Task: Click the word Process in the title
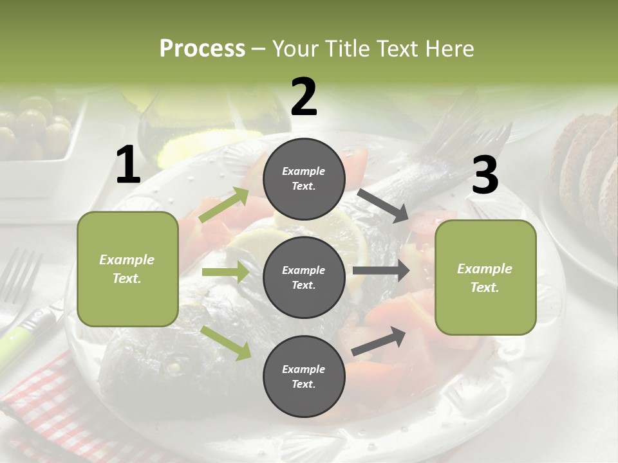202,49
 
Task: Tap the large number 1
128,165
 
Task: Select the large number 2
304,97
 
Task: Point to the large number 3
485,176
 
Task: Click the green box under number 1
127,269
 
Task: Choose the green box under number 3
485,277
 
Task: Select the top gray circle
304,179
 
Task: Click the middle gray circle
304,278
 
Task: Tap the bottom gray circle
304,377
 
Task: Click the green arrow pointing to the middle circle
225,272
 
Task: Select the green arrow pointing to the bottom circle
226,342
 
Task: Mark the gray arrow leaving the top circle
383,205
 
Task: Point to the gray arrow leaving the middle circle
381,271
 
